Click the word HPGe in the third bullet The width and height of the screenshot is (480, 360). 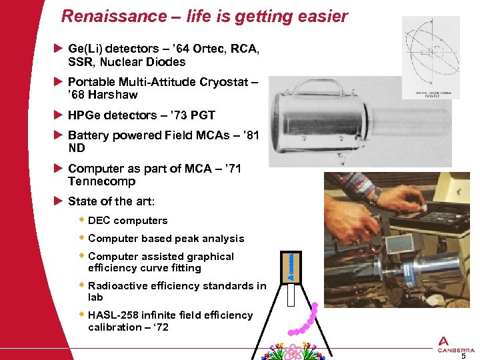click(x=85, y=115)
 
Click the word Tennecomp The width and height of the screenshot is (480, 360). click(x=101, y=181)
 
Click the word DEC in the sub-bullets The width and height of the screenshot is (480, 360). click(x=99, y=221)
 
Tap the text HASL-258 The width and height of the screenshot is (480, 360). click(x=114, y=315)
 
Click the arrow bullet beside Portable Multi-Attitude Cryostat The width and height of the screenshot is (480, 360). click(x=58, y=81)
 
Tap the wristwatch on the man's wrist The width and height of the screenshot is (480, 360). click(x=377, y=196)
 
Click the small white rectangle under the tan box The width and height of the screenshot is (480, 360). click(x=291, y=294)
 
